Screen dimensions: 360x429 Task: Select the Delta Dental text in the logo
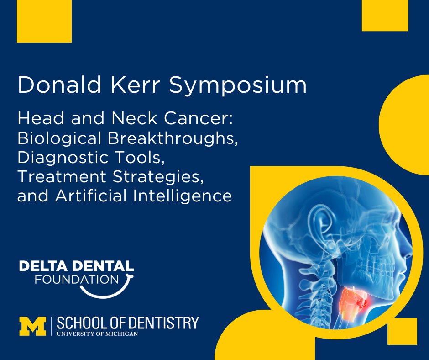click(x=77, y=266)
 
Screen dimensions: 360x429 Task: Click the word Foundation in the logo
click(x=76, y=278)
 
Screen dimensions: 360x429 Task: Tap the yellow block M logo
click(x=32, y=325)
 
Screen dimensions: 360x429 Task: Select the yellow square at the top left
click(x=44, y=21)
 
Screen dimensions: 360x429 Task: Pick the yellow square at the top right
click(x=384, y=15)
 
